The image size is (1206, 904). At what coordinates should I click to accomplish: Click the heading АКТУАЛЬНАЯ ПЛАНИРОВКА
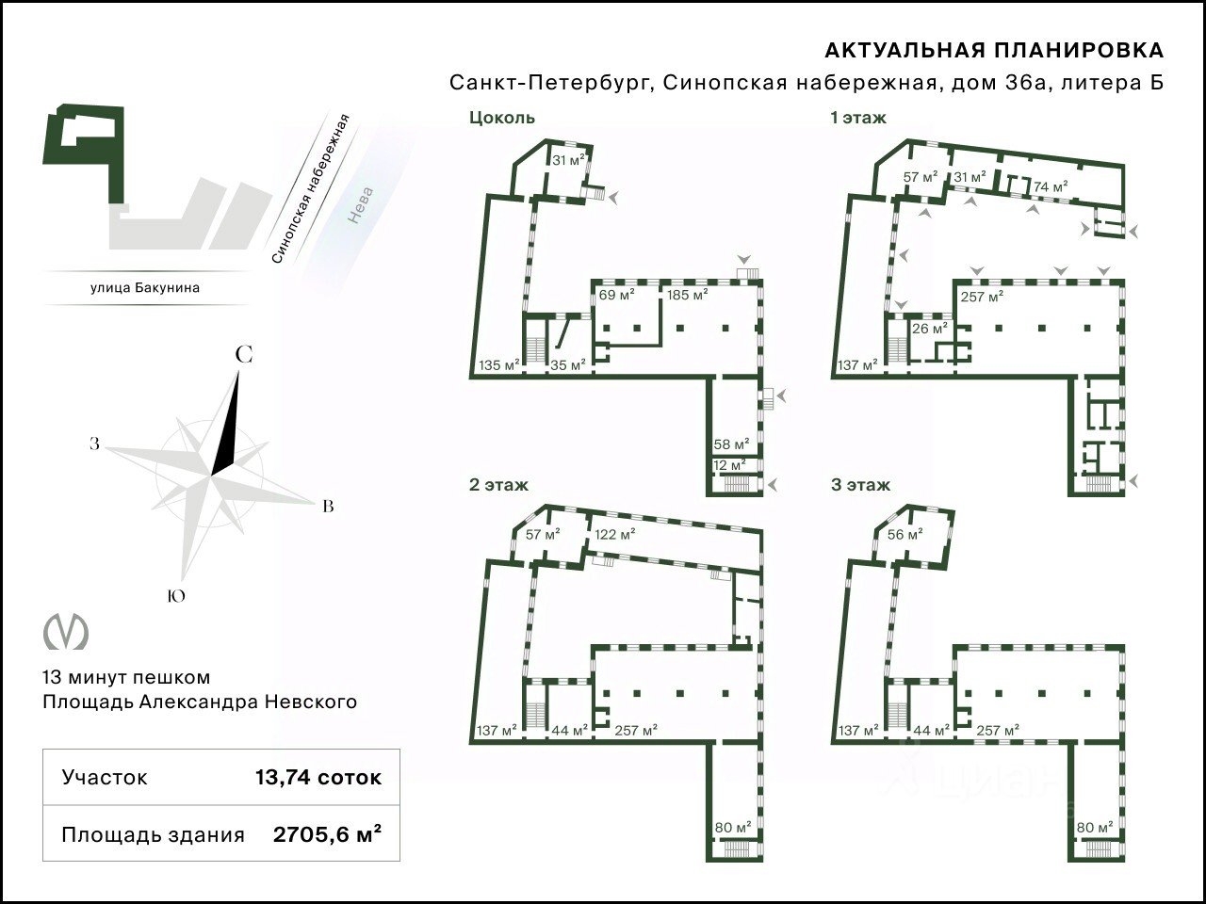pos(994,51)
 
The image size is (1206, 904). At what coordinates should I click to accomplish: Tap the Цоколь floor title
pos(501,118)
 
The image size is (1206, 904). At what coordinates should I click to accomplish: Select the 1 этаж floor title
pos(858,118)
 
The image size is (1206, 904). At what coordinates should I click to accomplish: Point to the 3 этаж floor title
pos(860,485)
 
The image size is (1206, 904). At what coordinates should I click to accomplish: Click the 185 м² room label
pos(688,295)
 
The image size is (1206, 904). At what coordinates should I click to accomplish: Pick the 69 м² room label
pos(616,295)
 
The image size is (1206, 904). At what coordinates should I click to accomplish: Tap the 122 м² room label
pos(615,534)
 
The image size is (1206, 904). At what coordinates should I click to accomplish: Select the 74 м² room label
pos(1051,186)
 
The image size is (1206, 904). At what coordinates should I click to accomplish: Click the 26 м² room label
pos(930,330)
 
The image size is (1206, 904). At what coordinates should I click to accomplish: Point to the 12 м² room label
pos(729,465)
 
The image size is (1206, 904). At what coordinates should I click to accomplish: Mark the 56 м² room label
pos(904,534)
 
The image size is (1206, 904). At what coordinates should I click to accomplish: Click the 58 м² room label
pos(732,444)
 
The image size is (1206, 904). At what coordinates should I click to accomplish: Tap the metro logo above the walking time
pos(66,633)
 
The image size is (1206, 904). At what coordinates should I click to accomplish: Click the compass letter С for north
pos(244,355)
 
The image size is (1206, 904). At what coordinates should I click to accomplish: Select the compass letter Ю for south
pos(176,595)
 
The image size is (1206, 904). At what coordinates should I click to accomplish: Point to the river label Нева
pos(361,204)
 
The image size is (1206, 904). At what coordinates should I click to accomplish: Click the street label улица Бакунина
pos(145,287)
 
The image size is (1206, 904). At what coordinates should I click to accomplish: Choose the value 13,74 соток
pos(318,777)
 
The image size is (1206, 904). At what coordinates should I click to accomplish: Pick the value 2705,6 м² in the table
pos(328,835)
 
